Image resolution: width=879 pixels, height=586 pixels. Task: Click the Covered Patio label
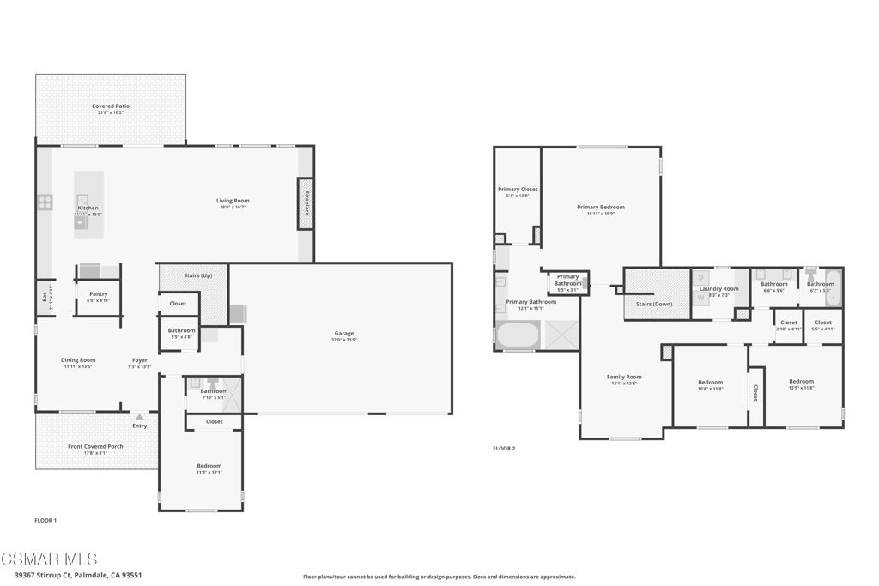(x=111, y=106)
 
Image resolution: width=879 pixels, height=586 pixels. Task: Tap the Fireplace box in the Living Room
(x=306, y=202)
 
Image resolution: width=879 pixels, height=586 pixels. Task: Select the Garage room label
(x=343, y=333)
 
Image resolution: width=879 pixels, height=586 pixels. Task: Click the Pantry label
(x=98, y=294)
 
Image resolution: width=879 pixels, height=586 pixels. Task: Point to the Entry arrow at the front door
(x=139, y=417)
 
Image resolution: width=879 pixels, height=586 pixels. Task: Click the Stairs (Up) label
(x=198, y=275)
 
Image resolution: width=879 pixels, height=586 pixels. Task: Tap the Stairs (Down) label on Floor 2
(x=654, y=304)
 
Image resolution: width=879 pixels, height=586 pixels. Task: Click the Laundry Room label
(x=718, y=289)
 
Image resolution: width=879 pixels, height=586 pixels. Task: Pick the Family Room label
(x=624, y=377)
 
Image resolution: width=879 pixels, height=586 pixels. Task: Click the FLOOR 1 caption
(x=45, y=520)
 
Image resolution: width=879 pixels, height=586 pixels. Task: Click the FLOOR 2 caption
(x=504, y=448)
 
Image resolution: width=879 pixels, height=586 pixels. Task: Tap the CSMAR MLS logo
(x=49, y=559)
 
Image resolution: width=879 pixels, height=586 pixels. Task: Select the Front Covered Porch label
(x=95, y=447)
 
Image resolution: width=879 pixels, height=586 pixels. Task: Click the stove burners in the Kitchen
(x=45, y=202)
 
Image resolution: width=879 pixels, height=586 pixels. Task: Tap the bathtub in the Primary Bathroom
(x=518, y=335)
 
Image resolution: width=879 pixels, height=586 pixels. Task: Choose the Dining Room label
(x=77, y=360)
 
